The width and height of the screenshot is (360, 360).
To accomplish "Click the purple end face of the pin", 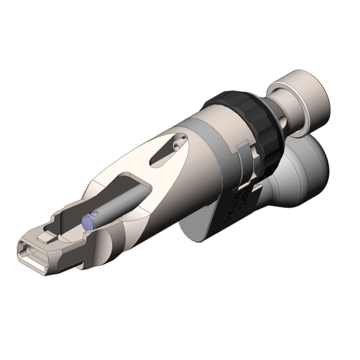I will click(x=88, y=223).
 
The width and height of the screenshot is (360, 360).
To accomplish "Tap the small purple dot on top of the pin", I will click(x=94, y=215).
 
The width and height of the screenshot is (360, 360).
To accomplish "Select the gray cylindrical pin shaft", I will click(x=117, y=204).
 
